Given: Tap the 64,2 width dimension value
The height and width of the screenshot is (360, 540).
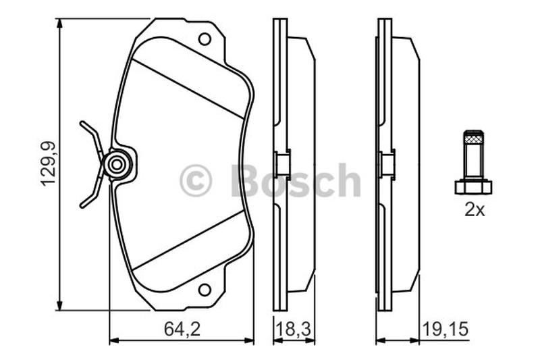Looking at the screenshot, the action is (182, 330).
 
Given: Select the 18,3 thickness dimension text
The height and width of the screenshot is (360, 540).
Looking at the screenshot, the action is (294, 330).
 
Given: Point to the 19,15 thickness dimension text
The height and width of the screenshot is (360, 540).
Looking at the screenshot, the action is (446, 330).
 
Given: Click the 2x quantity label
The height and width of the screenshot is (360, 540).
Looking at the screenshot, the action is (475, 209).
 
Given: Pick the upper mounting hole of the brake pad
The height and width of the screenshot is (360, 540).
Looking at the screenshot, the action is (205, 39).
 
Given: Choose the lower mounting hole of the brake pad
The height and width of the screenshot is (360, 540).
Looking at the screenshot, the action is (205, 290).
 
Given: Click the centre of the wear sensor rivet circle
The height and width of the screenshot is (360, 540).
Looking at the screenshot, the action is (117, 165).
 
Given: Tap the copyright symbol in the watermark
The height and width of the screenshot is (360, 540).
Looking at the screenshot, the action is (196, 180).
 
